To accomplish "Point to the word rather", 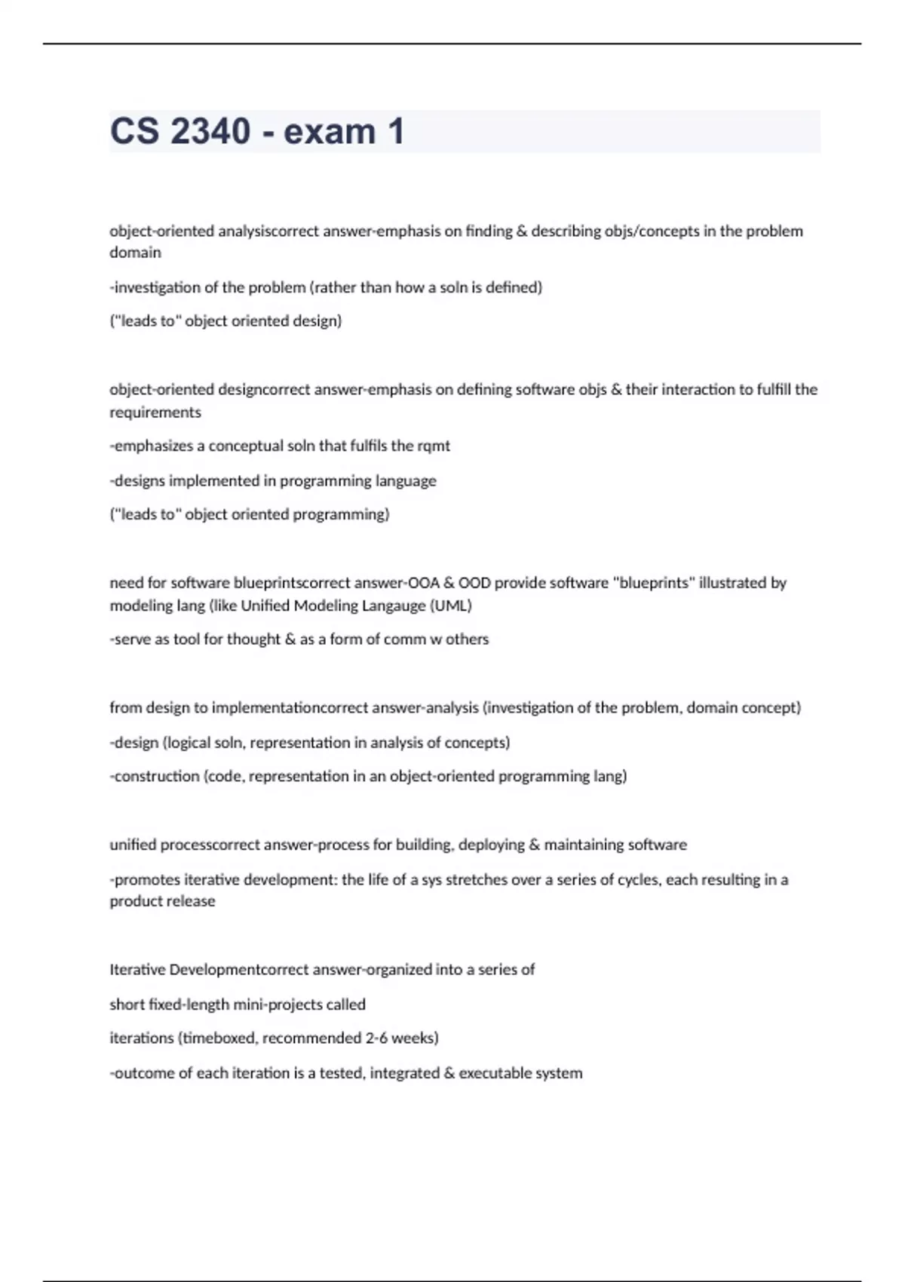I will coord(336,287).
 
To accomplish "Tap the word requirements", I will coord(155,412).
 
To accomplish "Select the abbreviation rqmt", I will coord(434,446).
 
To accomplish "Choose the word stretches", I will coord(477,879).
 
